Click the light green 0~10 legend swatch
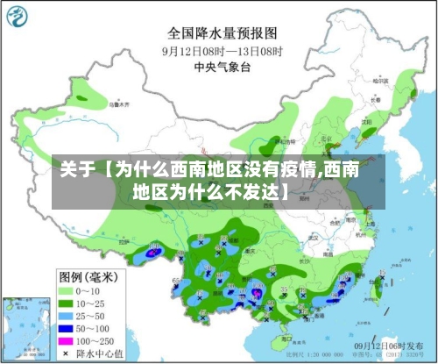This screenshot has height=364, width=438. [67, 290]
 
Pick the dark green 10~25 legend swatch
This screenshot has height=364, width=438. [67, 303]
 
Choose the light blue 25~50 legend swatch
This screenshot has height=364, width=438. [67, 315]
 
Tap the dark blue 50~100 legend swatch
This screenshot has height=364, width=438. [67, 327]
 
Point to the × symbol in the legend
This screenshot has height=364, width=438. [67, 353]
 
